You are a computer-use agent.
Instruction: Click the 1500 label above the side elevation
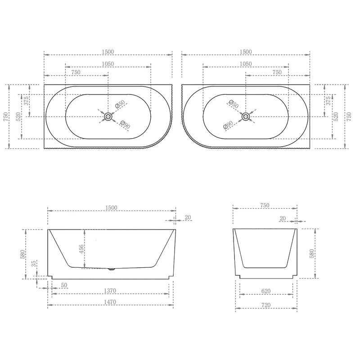point(111,207)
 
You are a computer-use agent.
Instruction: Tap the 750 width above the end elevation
point(264,205)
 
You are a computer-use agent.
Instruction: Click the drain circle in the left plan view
point(108,117)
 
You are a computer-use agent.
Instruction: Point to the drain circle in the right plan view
point(246,117)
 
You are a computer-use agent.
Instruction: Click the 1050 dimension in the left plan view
point(108,64)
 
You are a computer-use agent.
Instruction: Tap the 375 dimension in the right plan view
point(328,100)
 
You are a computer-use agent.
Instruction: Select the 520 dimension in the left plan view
point(18,116)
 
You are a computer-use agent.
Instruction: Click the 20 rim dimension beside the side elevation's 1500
point(188,217)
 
